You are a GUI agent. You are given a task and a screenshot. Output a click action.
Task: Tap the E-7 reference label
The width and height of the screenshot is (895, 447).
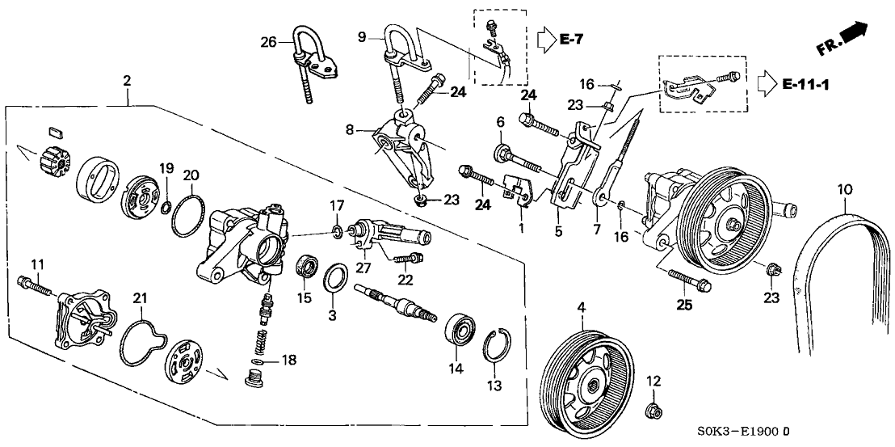pyautogui.click(x=570, y=38)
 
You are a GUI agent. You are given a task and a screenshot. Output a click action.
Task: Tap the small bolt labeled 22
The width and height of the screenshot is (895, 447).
pyautogui.click(x=408, y=257)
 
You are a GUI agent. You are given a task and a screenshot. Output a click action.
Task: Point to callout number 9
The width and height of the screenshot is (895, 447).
pyautogui.click(x=362, y=36)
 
